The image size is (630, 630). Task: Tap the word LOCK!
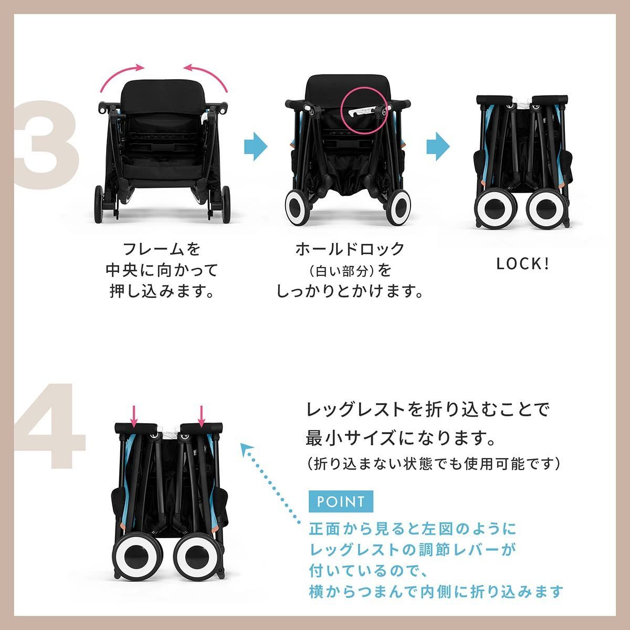point(523,264)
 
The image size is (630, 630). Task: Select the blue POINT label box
point(340,501)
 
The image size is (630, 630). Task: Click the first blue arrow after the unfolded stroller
point(256,145)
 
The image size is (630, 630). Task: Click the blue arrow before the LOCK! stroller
point(438,145)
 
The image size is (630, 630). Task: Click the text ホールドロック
point(350,248)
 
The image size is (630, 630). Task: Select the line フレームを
point(162,248)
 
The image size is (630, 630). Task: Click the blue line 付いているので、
point(370,570)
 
